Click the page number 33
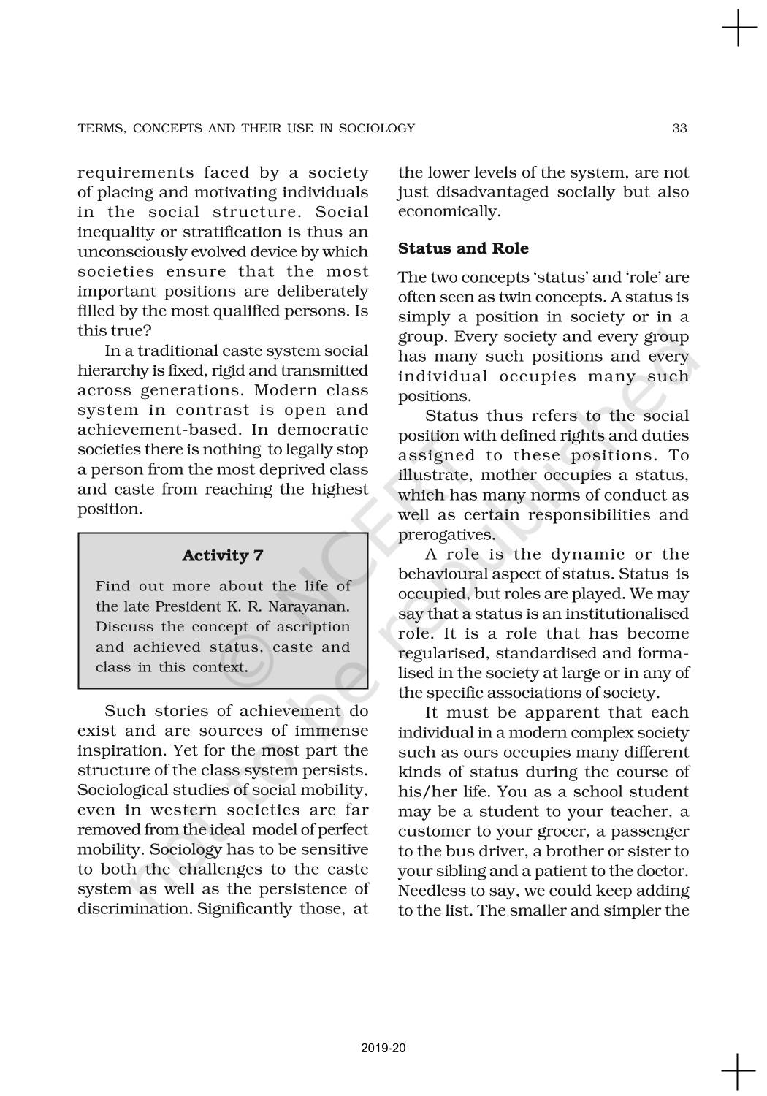click(x=679, y=129)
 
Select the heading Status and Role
click(x=463, y=248)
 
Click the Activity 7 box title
click(x=223, y=555)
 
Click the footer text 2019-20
click(x=383, y=1048)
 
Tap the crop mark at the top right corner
click(x=739, y=28)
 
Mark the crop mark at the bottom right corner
click(x=739, y=1071)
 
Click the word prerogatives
click(x=446, y=535)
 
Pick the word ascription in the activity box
click(x=313, y=627)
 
